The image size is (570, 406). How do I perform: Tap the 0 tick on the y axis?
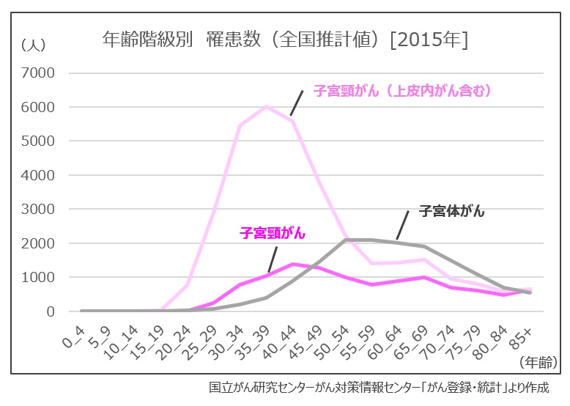click(x=50, y=311)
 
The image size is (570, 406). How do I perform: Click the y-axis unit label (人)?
click(x=34, y=45)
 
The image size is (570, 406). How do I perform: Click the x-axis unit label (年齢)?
click(x=538, y=362)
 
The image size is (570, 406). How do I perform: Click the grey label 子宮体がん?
click(x=452, y=212)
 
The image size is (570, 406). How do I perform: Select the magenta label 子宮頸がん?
click(x=273, y=234)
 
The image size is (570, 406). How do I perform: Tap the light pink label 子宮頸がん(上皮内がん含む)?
click(x=401, y=92)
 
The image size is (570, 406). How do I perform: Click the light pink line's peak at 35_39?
click(x=267, y=106)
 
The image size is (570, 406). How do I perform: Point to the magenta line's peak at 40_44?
click(x=293, y=264)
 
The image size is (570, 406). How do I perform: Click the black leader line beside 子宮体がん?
click(x=402, y=224)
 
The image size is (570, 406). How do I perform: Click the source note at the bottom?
click(x=378, y=388)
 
